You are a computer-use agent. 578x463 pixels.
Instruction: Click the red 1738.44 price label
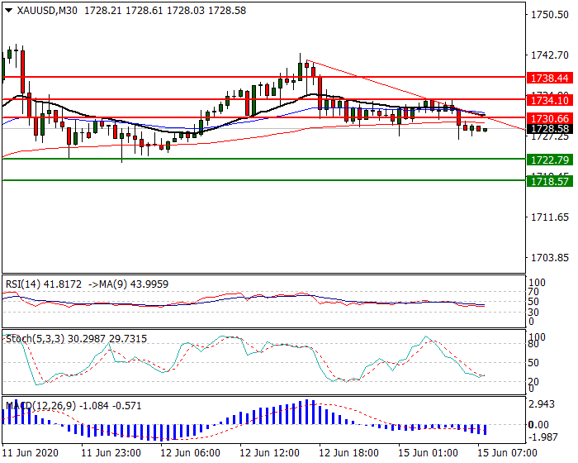tap(548, 78)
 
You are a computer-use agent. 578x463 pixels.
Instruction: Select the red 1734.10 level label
tap(548, 99)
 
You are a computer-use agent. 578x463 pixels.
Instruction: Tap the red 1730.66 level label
tap(548, 118)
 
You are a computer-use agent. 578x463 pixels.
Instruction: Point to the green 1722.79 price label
tap(548, 159)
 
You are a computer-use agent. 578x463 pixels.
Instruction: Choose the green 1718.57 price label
tap(548, 179)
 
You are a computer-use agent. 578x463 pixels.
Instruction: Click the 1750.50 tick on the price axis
tap(548, 15)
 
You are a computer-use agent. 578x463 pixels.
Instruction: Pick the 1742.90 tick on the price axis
tap(548, 55)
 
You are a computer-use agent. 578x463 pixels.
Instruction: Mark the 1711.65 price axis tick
tap(548, 217)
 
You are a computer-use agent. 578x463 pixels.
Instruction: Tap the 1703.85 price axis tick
tap(548, 257)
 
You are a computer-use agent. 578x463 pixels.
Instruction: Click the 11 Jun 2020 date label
tap(31, 454)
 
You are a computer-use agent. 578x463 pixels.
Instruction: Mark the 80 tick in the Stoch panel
tap(536, 345)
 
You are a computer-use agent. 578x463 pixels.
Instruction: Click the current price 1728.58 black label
tap(548, 129)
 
